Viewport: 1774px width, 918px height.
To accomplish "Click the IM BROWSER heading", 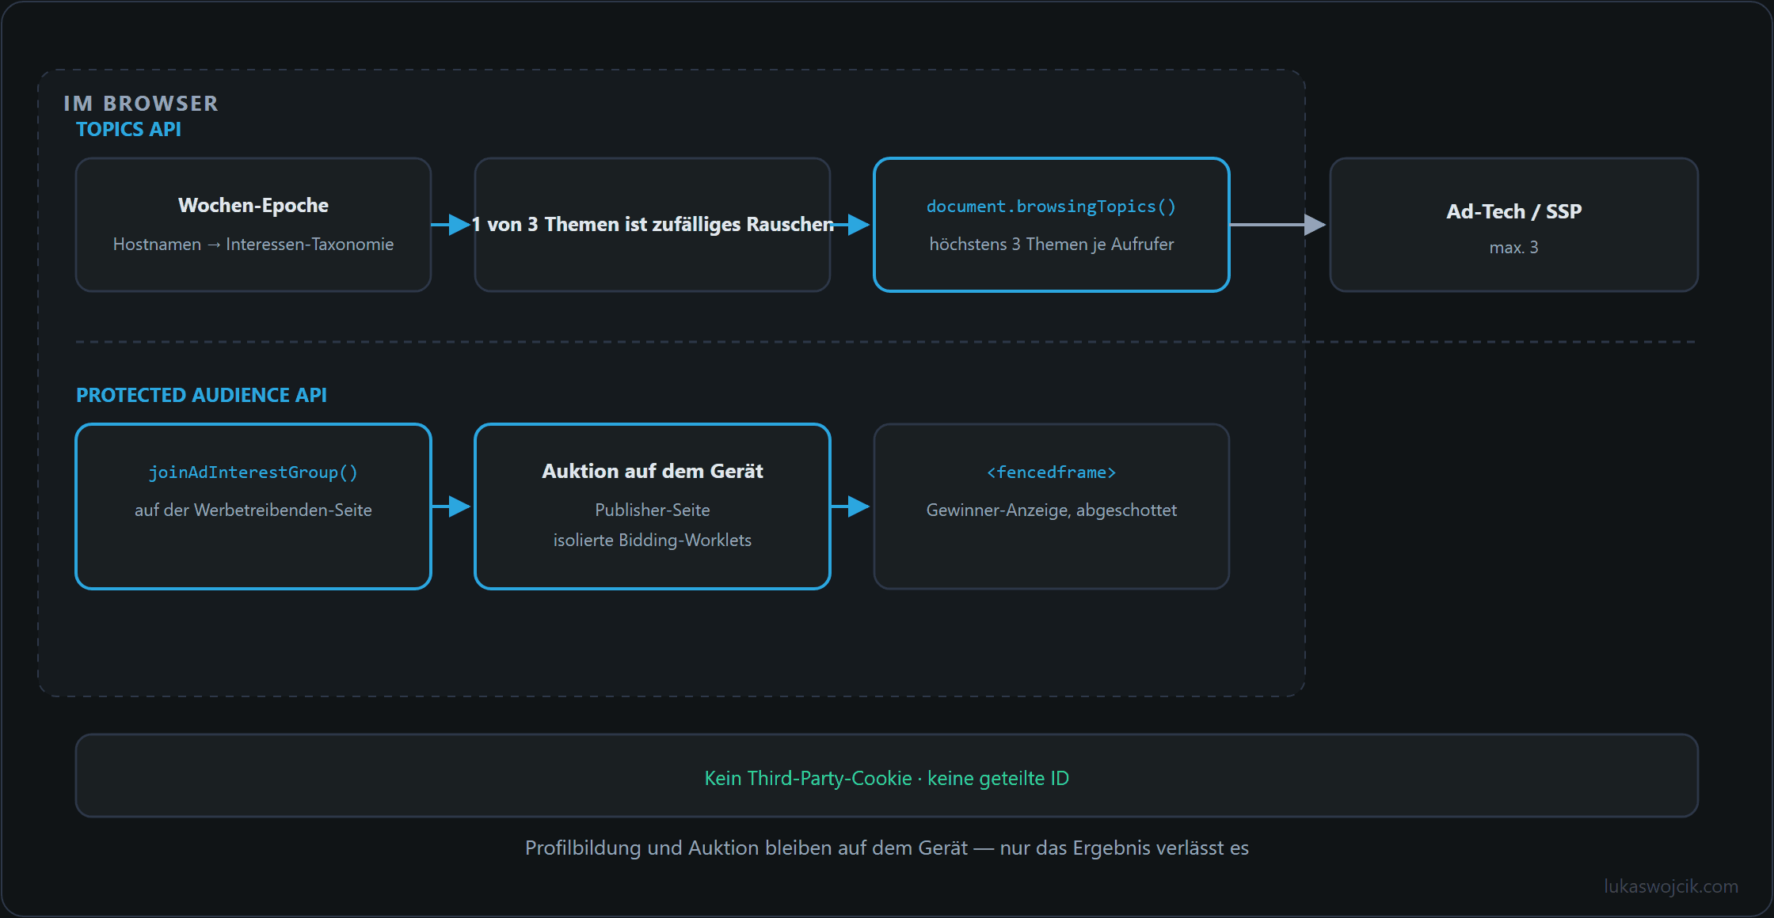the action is (x=141, y=104).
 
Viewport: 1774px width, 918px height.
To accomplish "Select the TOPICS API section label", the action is (x=128, y=129).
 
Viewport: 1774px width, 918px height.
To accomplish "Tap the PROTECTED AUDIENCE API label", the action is (x=201, y=395).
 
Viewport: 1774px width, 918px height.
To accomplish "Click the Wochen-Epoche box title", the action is (x=253, y=205).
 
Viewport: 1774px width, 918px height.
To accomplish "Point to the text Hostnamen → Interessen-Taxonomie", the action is (x=253, y=244).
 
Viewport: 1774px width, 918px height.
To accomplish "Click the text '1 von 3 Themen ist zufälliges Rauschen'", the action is (x=653, y=225).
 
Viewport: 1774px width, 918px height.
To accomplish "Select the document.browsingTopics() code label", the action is (x=1051, y=207).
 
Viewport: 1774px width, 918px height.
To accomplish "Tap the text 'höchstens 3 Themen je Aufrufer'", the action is (x=1052, y=244).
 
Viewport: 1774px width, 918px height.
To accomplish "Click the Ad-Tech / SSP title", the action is (x=1513, y=211).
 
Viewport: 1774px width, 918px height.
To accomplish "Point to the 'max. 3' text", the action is (x=1513, y=248).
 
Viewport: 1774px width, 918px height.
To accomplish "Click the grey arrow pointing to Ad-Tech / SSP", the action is (x=1277, y=225).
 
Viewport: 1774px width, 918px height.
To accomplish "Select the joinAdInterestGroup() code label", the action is (x=253, y=472).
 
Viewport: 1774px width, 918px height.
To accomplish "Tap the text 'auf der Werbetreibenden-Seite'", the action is (x=253, y=510).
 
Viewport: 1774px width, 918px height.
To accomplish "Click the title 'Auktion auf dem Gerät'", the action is (x=653, y=471).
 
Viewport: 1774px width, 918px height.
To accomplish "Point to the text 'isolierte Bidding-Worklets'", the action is (x=653, y=540).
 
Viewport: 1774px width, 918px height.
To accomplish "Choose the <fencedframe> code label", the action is (x=1051, y=472).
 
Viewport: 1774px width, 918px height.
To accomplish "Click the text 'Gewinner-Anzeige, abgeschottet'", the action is (x=1052, y=510).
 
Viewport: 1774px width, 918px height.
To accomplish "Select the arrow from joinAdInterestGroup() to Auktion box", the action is (x=451, y=506).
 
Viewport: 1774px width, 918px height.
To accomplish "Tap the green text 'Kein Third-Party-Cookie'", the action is (x=808, y=778).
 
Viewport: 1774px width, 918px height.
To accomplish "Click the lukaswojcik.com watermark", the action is (x=1671, y=886).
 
